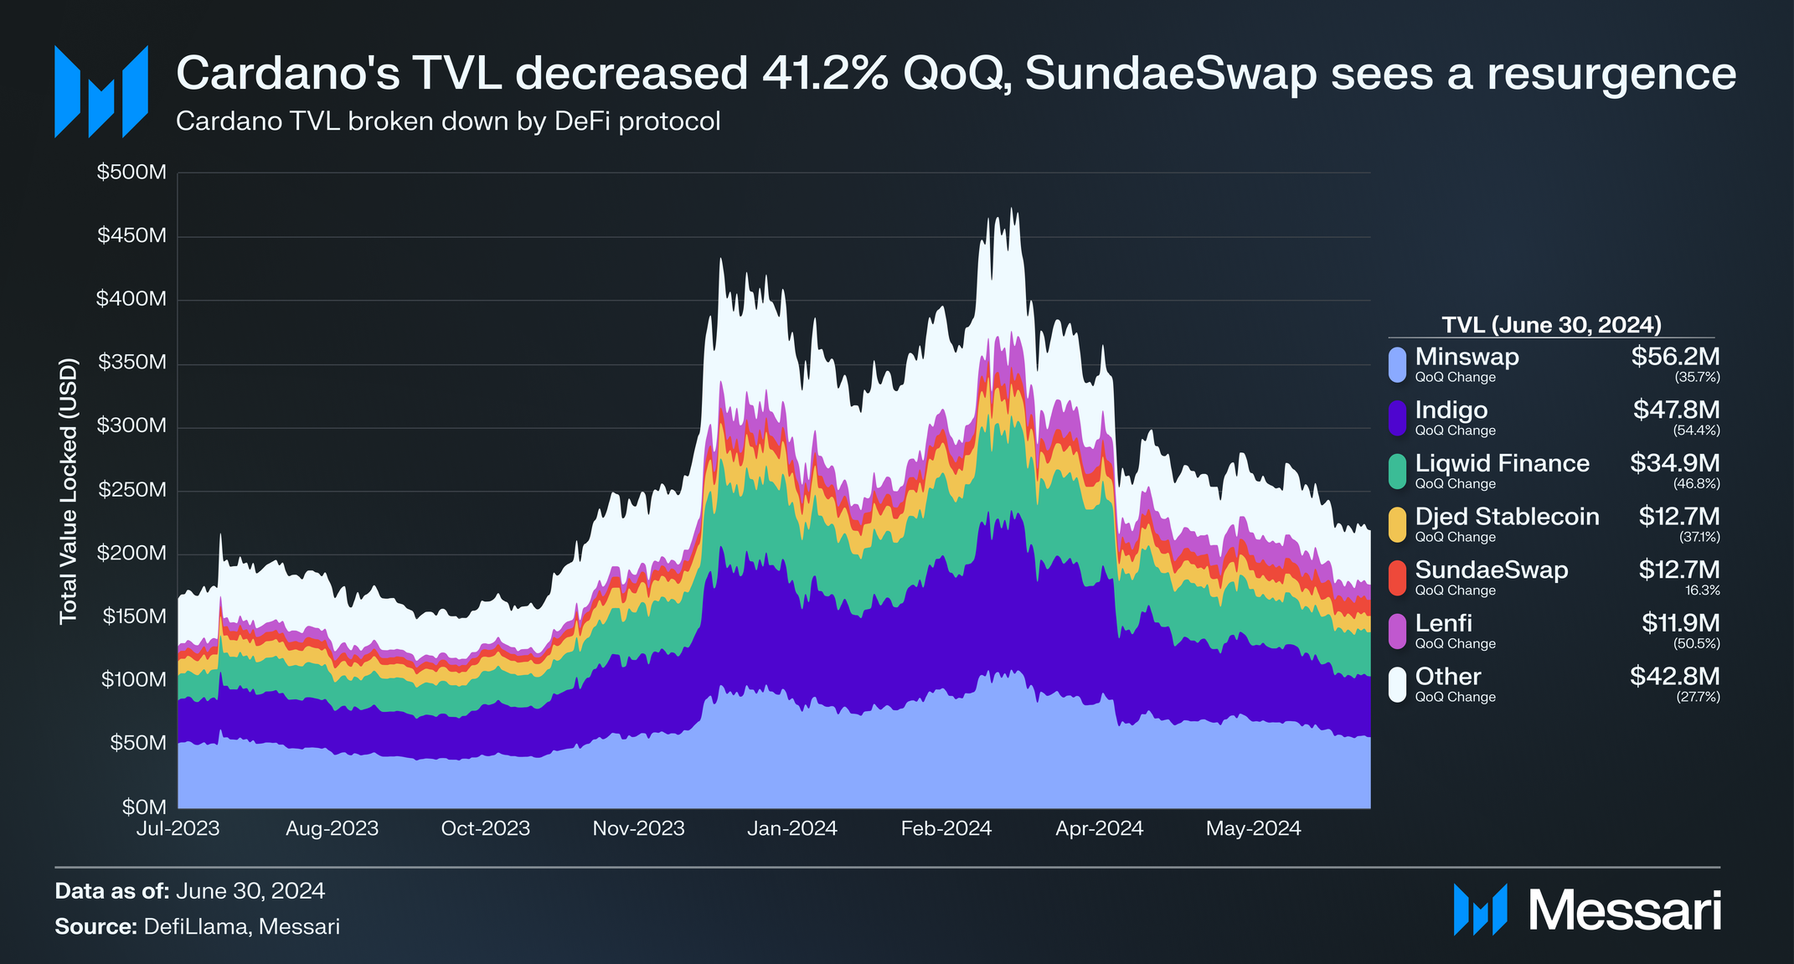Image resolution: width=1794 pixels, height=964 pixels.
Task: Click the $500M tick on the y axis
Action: tap(131, 173)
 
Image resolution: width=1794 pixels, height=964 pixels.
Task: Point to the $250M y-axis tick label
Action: tap(131, 490)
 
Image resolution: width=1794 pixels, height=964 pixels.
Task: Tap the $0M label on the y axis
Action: tap(144, 807)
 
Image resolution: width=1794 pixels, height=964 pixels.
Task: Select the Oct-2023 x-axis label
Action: tap(486, 829)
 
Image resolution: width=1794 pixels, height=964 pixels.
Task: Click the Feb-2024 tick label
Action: tap(946, 829)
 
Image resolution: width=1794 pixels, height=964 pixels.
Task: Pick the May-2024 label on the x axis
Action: tap(1254, 829)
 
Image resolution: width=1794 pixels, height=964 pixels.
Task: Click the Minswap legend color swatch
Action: tap(1397, 365)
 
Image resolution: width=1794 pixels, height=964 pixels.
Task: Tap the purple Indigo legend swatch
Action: tap(1397, 418)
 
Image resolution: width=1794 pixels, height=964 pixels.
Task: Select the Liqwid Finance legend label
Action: tap(1502, 463)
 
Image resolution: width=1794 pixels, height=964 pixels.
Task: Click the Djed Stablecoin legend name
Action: tap(1507, 517)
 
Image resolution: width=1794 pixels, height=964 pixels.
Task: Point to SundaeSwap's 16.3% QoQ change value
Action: tap(1704, 590)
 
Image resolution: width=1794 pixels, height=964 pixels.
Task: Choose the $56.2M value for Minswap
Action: tap(1675, 357)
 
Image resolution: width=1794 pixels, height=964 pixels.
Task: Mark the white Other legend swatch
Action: tap(1397, 684)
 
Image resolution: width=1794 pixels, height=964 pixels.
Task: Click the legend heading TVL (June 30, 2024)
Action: tap(1551, 325)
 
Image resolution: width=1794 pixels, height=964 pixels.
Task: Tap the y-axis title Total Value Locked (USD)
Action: tap(69, 491)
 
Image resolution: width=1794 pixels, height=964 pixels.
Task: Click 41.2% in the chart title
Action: tap(825, 74)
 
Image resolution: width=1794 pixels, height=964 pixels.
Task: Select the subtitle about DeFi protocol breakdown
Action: tap(448, 122)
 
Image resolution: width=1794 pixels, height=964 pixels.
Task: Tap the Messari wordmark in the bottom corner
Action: tap(1625, 910)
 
